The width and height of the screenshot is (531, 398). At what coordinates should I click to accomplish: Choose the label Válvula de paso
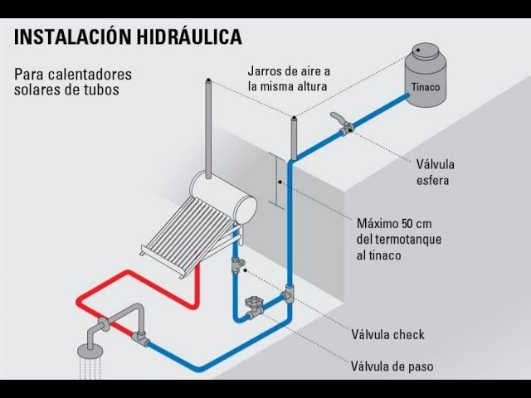(392, 366)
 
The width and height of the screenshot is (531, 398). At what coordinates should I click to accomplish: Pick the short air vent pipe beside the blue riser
(293, 138)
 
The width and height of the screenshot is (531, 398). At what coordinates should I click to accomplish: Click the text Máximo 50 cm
(394, 225)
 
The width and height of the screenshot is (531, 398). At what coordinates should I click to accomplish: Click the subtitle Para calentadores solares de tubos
(73, 80)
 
